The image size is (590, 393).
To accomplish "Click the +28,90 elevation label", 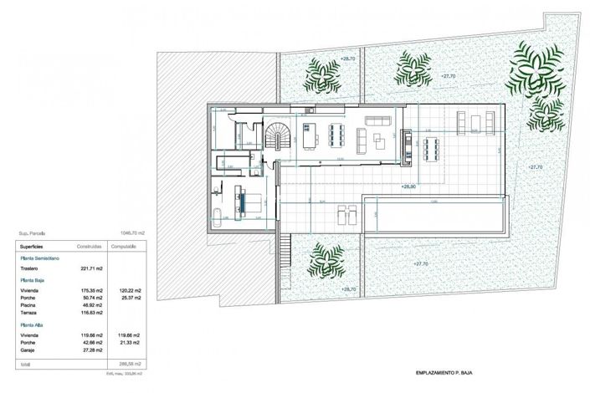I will [x=409, y=186].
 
